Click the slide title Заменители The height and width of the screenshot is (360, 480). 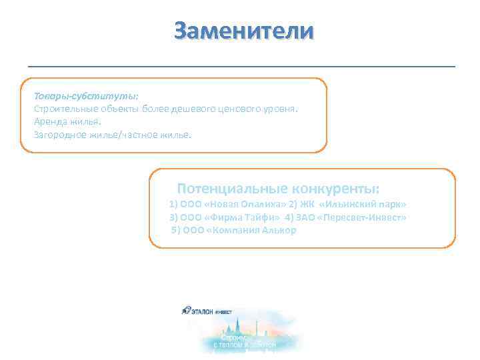[x=243, y=31]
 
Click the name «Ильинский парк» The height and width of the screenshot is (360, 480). [x=363, y=204]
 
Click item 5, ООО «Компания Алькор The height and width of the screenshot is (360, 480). [x=234, y=230]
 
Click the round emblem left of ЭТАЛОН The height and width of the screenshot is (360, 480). [x=185, y=310]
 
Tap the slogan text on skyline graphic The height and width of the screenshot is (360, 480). [x=244, y=341]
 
